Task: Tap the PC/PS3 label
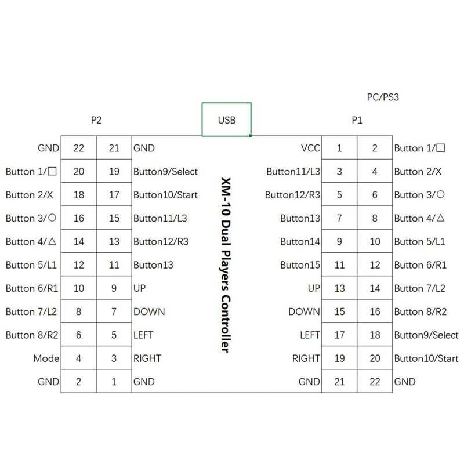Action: pyautogui.click(x=383, y=97)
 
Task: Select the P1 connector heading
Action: pyautogui.click(x=357, y=120)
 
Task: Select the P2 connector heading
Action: pyautogui.click(x=96, y=120)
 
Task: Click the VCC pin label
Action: pyautogui.click(x=310, y=148)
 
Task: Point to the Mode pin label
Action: pyautogui.click(x=46, y=358)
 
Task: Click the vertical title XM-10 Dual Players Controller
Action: pyautogui.click(x=226, y=265)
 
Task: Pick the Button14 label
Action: pyautogui.click(x=300, y=241)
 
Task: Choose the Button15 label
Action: pyautogui.click(x=300, y=265)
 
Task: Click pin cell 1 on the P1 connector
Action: pyautogui.click(x=339, y=148)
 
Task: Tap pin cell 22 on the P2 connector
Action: pyautogui.click(x=79, y=148)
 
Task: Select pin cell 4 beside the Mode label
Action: pyautogui.click(x=79, y=358)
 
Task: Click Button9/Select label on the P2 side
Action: pyautogui.click(x=165, y=172)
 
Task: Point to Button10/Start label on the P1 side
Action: pyautogui.click(x=426, y=358)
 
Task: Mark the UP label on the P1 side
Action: pyautogui.click(x=314, y=288)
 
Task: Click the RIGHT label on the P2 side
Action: pyautogui.click(x=147, y=358)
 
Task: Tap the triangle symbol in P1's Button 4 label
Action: pyautogui.click(x=441, y=218)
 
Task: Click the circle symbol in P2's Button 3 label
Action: pyautogui.click(x=52, y=218)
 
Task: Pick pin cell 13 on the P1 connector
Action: pyautogui.click(x=339, y=288)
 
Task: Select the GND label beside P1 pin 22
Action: pyautogui.click(x=405, y=382)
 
